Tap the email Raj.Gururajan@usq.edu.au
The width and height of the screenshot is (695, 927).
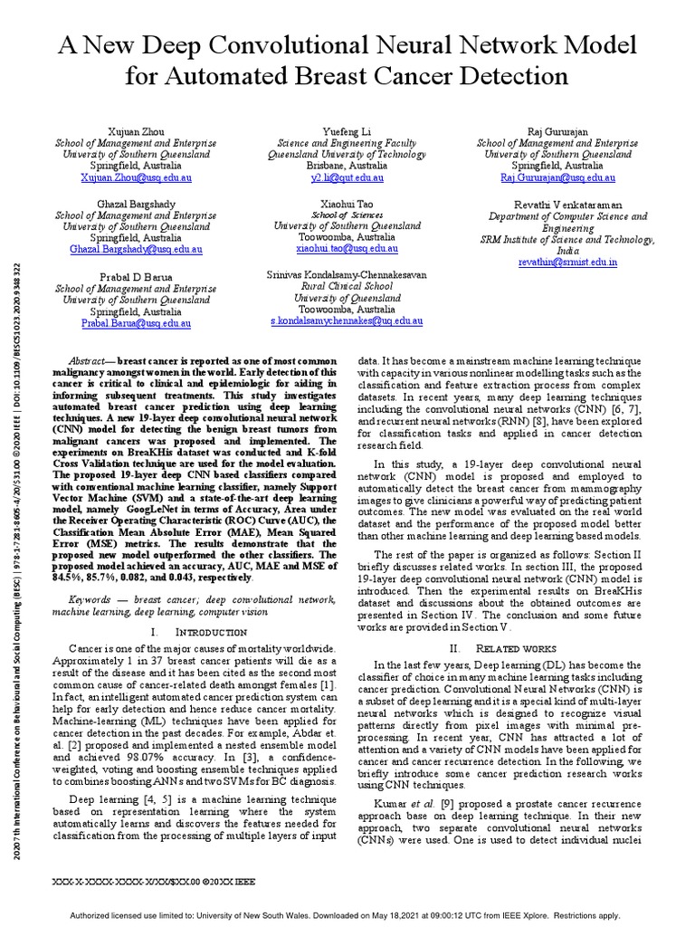coord(557,178)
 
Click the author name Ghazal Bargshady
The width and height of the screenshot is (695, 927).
coord(136,205)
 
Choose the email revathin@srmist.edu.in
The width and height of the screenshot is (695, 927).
coord(567,262)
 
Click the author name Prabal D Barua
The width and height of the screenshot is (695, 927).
coord(136,275)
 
